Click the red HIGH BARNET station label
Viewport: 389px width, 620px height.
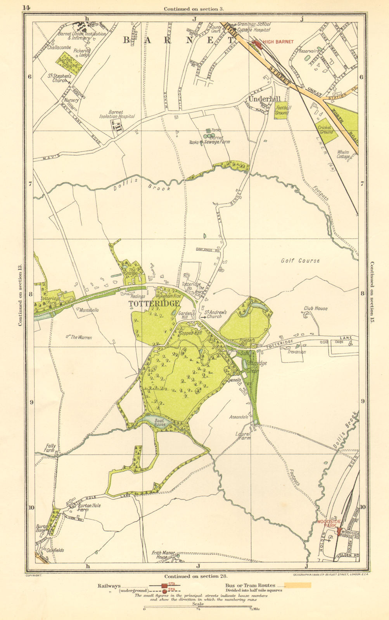tap(278, 42)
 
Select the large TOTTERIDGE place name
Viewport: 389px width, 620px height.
tap(154, 303)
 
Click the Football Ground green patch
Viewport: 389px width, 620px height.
tap(282, 110)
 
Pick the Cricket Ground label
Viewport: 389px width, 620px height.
tap(325, 130)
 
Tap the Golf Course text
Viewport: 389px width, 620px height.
tap(300, 261)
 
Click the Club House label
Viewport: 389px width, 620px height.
tap(315, 308)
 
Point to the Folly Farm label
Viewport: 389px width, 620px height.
tap(50, 448)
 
